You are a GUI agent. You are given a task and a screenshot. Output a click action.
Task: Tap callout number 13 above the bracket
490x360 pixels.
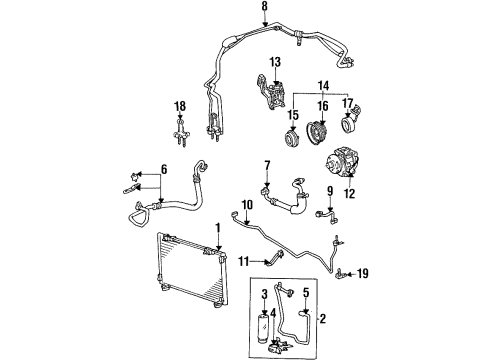pyautogui.click(x=275, y=62)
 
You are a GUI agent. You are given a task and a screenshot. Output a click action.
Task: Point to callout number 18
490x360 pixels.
pyautogui.click(x=179, y=106)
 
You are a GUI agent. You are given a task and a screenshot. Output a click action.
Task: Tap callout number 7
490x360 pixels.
pyautogui.click(x=267, y=165)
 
